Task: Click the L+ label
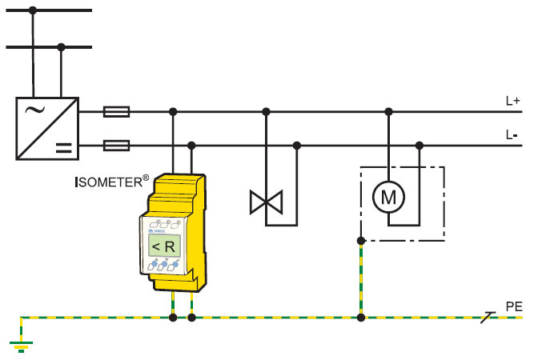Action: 512,102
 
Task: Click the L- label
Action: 512,134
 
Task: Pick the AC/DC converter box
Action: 47,128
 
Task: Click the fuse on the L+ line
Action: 117,112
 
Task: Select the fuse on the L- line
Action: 117,145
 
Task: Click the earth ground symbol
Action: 20,346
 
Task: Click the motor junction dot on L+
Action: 388,112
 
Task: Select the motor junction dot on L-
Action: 419,145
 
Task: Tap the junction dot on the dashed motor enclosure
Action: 361,240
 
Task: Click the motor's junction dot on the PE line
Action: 361,318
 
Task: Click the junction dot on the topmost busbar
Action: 33,10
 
